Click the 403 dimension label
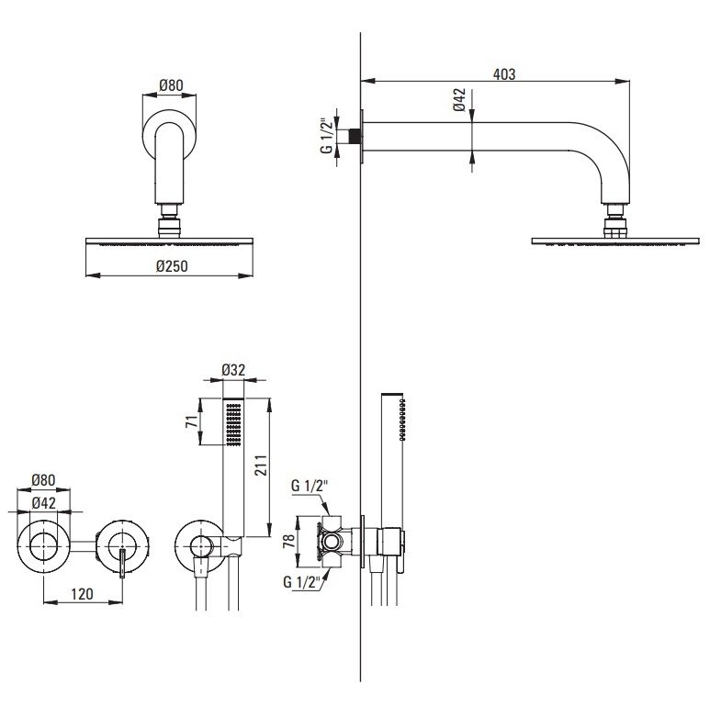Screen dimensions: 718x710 (x=503, y=73)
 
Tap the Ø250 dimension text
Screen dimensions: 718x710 (x=171, y=266)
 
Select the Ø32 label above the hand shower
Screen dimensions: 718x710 (x=234, y=372)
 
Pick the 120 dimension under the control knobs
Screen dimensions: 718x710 (x=81, y=594)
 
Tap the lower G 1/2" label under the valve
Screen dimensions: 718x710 (x=301, y=581)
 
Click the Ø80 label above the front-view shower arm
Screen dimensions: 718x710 (x=171, y=84)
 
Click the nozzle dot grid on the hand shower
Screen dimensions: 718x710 (x=234, y=424)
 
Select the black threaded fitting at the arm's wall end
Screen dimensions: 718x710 (x=349, y=136)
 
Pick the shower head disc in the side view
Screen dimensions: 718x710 (x=610, y=241)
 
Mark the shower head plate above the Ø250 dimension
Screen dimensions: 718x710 (x=171, y=241)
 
